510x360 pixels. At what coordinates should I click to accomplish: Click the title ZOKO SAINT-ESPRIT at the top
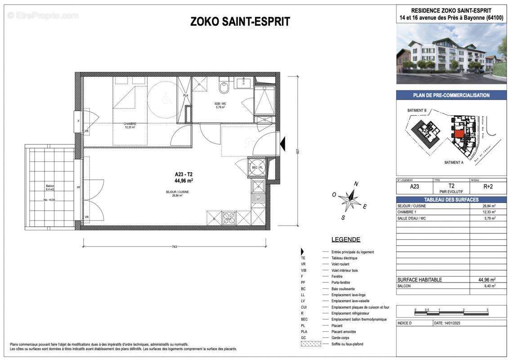(x=240, y=22)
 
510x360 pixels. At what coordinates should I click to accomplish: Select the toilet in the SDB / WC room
(x=224, y=85)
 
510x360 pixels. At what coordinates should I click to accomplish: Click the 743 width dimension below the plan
(x=174, y=246)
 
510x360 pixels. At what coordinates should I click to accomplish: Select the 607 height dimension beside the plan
(x=297, y=152)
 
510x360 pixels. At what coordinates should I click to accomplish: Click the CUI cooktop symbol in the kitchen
(x=229, y=219)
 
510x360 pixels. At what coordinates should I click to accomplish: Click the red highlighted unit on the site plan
(x=458, y=134)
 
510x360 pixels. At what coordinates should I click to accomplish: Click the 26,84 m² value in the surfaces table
(x=489, y=206)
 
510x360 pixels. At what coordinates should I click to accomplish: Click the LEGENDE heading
(x=345, y=239)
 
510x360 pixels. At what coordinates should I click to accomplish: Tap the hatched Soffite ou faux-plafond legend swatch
(x=311, y=344)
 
